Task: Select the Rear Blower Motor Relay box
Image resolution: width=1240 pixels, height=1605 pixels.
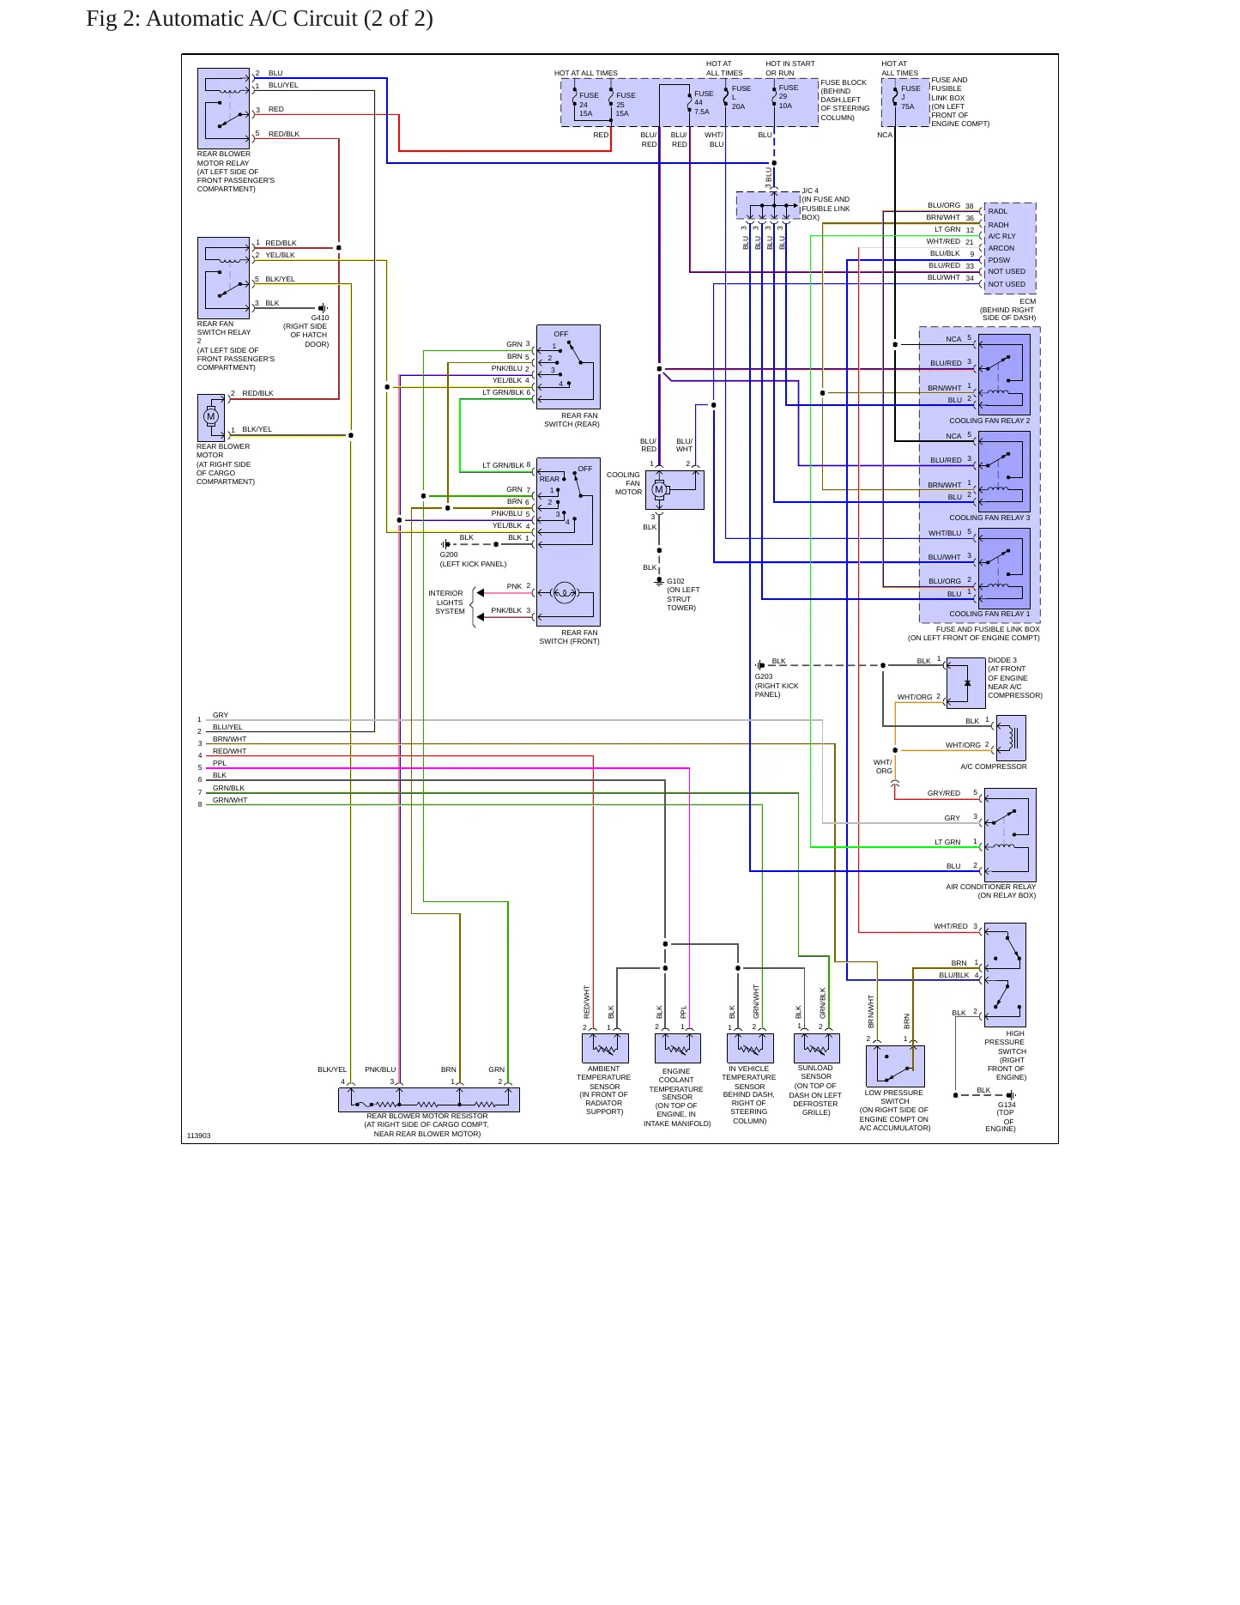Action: [223, 109]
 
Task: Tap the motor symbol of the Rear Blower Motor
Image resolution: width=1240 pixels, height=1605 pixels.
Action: [211, 417]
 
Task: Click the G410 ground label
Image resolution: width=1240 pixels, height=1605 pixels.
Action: [320, 318]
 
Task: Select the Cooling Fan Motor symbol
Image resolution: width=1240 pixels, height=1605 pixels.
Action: [659, 490]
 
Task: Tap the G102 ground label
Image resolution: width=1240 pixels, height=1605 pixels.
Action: [675, 581]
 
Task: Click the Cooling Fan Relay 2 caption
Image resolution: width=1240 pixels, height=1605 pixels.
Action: [989, 421]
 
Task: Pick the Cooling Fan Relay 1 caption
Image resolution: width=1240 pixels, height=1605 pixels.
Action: [989, 614]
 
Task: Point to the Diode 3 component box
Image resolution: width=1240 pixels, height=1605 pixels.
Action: [965, 683]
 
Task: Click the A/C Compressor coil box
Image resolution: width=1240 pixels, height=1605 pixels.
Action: [1010, 737]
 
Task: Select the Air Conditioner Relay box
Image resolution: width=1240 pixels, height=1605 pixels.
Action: [1010, 835]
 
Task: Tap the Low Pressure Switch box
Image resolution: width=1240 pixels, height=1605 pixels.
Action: [895, 1066]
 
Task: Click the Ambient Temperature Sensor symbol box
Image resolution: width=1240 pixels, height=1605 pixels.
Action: [605, 1048]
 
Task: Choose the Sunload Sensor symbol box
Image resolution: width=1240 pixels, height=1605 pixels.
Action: [816, 1048]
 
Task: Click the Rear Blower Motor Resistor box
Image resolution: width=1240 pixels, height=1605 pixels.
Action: [429, 1099]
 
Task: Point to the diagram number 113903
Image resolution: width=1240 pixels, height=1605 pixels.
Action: [198, 1136]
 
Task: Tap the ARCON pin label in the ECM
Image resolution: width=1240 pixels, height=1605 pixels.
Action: [1001, 248]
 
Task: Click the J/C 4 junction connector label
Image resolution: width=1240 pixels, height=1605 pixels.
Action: [810, 191]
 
